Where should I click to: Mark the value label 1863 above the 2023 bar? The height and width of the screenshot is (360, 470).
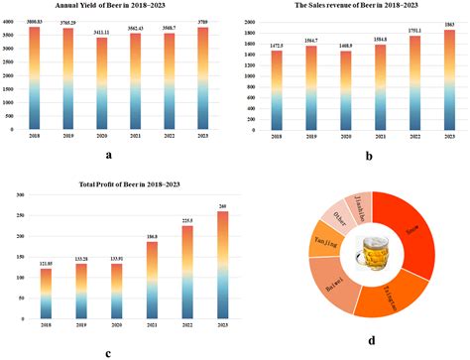pos(449,26)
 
